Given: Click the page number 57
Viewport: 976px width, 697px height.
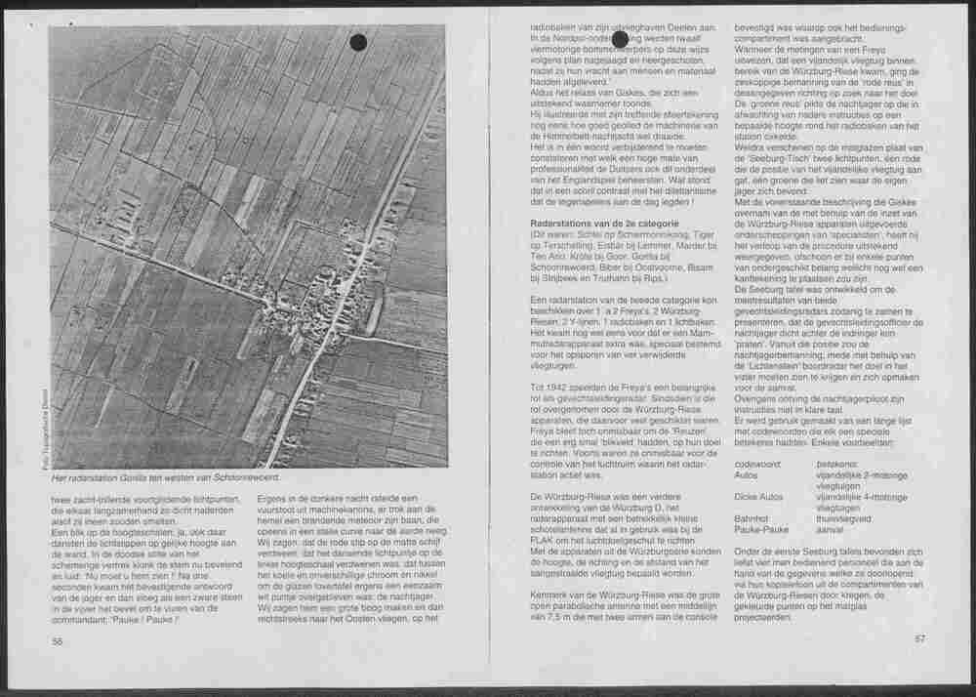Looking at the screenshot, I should coord(918,638).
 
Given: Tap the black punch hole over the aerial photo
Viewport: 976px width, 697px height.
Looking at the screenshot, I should coord(358,42).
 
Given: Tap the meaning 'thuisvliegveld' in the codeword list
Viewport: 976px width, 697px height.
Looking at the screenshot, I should coord(845,519).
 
